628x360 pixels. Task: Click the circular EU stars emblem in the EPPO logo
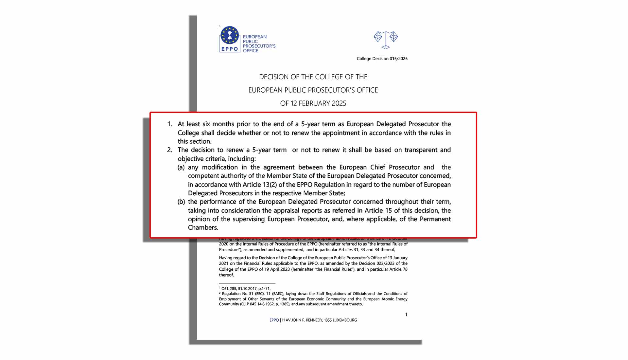click(230, 35)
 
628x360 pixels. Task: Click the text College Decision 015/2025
click(382, 59)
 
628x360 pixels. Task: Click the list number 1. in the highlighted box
click(169, 124)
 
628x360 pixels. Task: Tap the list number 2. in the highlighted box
click(169, 150)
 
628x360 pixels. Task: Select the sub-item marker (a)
click(181, 167)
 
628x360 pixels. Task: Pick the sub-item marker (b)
click(181, 202)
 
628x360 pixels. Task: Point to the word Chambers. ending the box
click(203, 227)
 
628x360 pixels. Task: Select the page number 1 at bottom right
click(406, 315)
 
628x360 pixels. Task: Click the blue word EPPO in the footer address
click(274, 320)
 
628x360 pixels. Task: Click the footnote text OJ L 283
click(229, 289)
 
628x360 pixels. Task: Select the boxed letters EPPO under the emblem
click(230, 49)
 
